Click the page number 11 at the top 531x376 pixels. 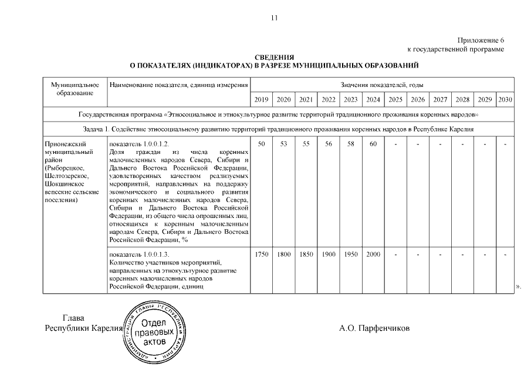(x=273, y=18)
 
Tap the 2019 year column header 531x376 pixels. (x=262, y=100)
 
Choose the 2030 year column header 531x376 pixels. (x=505, y=100)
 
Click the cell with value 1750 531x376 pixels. (x=262, y=254)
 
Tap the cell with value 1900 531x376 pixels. (x=329, y=254)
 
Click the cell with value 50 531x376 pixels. (x=262, y=144)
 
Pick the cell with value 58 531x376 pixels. (x=351, y=144)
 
